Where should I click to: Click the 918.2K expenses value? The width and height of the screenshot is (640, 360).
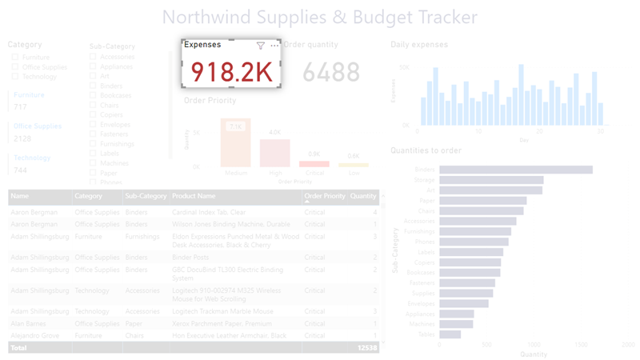coord(231,72)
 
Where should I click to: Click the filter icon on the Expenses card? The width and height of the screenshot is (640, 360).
coord(260,46)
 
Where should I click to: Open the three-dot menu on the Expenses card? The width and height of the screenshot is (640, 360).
coord(274,46)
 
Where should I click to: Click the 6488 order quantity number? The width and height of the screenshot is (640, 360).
coord(331,73)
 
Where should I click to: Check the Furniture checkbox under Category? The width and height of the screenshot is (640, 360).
coord(15,58)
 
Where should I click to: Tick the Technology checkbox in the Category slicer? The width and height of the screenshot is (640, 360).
coord(15,77)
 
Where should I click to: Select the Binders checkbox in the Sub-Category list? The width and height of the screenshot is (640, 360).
coord(94,86)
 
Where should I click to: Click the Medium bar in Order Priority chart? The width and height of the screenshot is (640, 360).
coord(235,143)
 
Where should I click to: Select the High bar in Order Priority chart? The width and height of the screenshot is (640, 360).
coord(274,153)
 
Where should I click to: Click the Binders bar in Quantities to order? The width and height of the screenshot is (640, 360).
coord(515,170)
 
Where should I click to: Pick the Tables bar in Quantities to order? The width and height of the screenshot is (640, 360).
coord(450,334)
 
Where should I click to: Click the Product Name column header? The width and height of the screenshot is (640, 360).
coord(194,196)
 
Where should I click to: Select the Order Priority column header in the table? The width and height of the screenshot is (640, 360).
coord(324,196)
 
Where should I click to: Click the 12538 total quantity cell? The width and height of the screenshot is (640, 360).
coord(366,348)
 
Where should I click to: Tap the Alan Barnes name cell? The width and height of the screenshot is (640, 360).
coord(29,324)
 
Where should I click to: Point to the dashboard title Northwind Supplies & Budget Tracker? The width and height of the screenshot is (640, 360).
coord(319,17)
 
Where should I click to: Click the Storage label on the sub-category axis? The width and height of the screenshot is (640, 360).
coord(424,180)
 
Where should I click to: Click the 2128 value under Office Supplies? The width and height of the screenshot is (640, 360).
coord(22,138)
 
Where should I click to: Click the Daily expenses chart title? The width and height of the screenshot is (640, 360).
coord(419,45)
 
